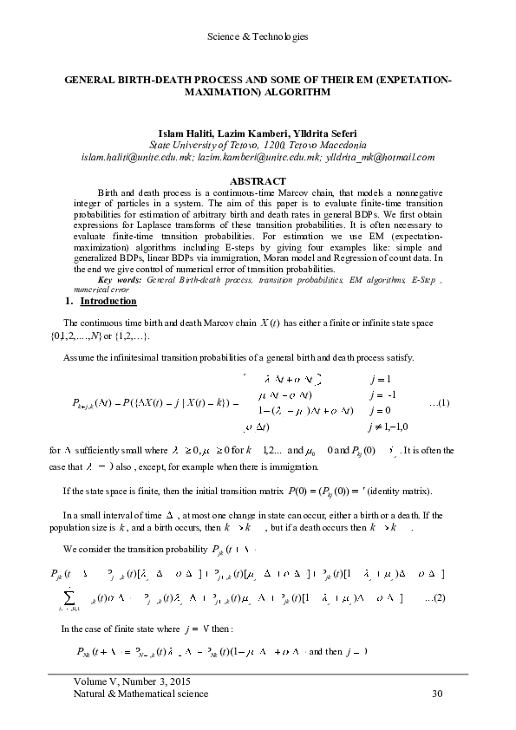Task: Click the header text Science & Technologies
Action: coord(258,36)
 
